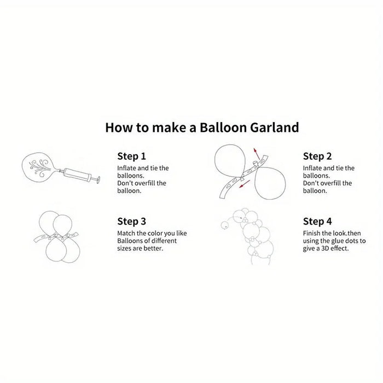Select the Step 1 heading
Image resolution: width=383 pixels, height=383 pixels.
tap(131, 156)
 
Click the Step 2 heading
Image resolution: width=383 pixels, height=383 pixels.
tap(317, 156)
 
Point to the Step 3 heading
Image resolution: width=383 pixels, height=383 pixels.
tap(131, 221)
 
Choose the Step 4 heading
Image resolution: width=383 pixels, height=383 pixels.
tap(317, 221)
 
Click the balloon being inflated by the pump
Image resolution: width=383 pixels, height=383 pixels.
tap(38, 166)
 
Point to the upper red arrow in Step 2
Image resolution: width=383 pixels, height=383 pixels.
tap(256, 153)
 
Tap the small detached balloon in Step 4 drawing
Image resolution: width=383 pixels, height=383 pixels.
tap(223, 225)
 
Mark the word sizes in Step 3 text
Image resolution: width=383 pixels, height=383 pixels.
tap(126, 248)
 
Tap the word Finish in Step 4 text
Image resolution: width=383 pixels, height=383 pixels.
tap(313, 233)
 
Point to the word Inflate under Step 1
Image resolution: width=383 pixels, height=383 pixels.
tap(127, 168)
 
